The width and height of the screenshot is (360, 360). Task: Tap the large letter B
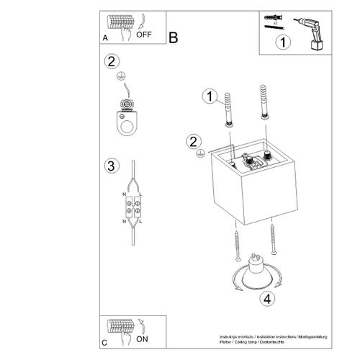coord(173,37)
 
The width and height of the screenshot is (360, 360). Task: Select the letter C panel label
coord(106,341)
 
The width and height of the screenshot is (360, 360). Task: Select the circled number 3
coord(110,167)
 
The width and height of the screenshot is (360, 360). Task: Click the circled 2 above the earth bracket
coord(109,62)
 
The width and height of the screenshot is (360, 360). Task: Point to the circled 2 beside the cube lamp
coord(193,141)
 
